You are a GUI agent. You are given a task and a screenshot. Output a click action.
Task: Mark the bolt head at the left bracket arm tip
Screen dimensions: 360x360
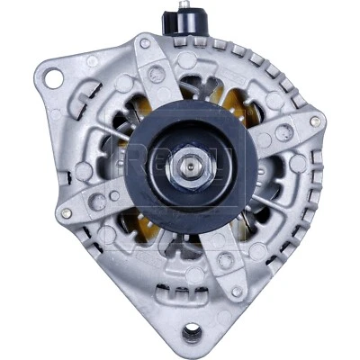point(66,212)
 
